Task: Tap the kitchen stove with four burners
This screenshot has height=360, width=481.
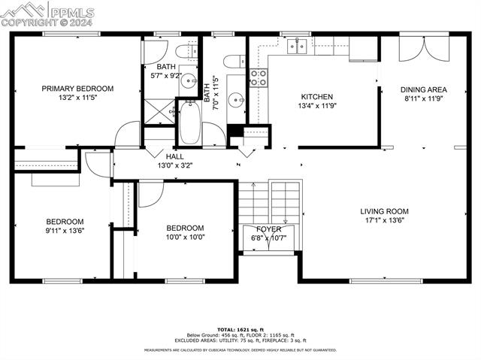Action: (258, 77)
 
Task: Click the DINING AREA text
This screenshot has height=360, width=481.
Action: (423, 89)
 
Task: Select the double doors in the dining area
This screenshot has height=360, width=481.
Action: (416, 48)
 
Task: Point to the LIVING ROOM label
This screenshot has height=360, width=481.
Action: (384, 211)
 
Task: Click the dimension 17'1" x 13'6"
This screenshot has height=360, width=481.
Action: (384, 220)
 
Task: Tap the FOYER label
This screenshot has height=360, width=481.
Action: (268, 229)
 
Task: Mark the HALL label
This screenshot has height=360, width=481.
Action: (170, 156)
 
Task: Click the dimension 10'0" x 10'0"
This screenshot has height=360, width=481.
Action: (185, 237)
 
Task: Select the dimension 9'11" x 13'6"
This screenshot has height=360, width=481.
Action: (65, 230)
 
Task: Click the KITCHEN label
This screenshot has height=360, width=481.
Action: (317, 97)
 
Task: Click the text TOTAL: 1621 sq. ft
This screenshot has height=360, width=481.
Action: (240, 330)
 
